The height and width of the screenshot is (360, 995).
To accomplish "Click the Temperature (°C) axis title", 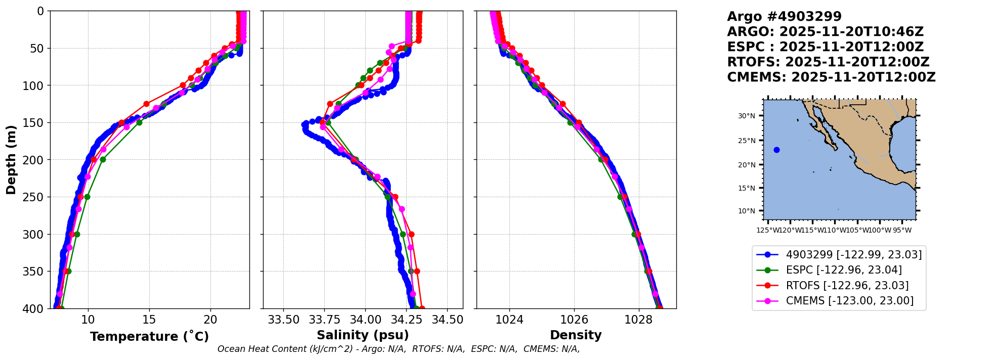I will tap(149, 337).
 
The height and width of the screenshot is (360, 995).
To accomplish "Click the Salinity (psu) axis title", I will tap(363, 335).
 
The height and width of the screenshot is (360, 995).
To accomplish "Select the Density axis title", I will tap(576, 335).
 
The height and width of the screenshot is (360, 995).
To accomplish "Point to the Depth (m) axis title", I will tap(11, 159).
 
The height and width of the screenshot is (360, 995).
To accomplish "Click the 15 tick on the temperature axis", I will tap(149, 320).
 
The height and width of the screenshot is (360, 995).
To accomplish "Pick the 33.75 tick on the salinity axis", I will tap(324, 320).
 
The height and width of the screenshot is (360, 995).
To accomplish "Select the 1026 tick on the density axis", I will tap(574, 320).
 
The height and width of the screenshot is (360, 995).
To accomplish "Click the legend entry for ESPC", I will tap(843, 270).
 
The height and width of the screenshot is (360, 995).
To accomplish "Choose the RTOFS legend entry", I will tap(847, 286).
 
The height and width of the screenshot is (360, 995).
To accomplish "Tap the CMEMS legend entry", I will tap(849, 301).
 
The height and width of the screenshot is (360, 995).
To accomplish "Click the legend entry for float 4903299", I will tap(853, 254).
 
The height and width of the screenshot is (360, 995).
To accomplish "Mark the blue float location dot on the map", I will tap(776, 150).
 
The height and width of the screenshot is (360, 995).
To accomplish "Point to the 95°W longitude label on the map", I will tap(902, 231).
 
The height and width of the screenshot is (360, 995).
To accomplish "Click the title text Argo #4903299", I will tap(784, 17).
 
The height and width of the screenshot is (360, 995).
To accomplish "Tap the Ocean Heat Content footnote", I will tap(398, 349).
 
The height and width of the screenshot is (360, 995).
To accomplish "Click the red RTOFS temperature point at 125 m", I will tap(146, 104).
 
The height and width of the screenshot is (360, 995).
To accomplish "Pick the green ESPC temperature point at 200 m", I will tap(103, 159).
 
